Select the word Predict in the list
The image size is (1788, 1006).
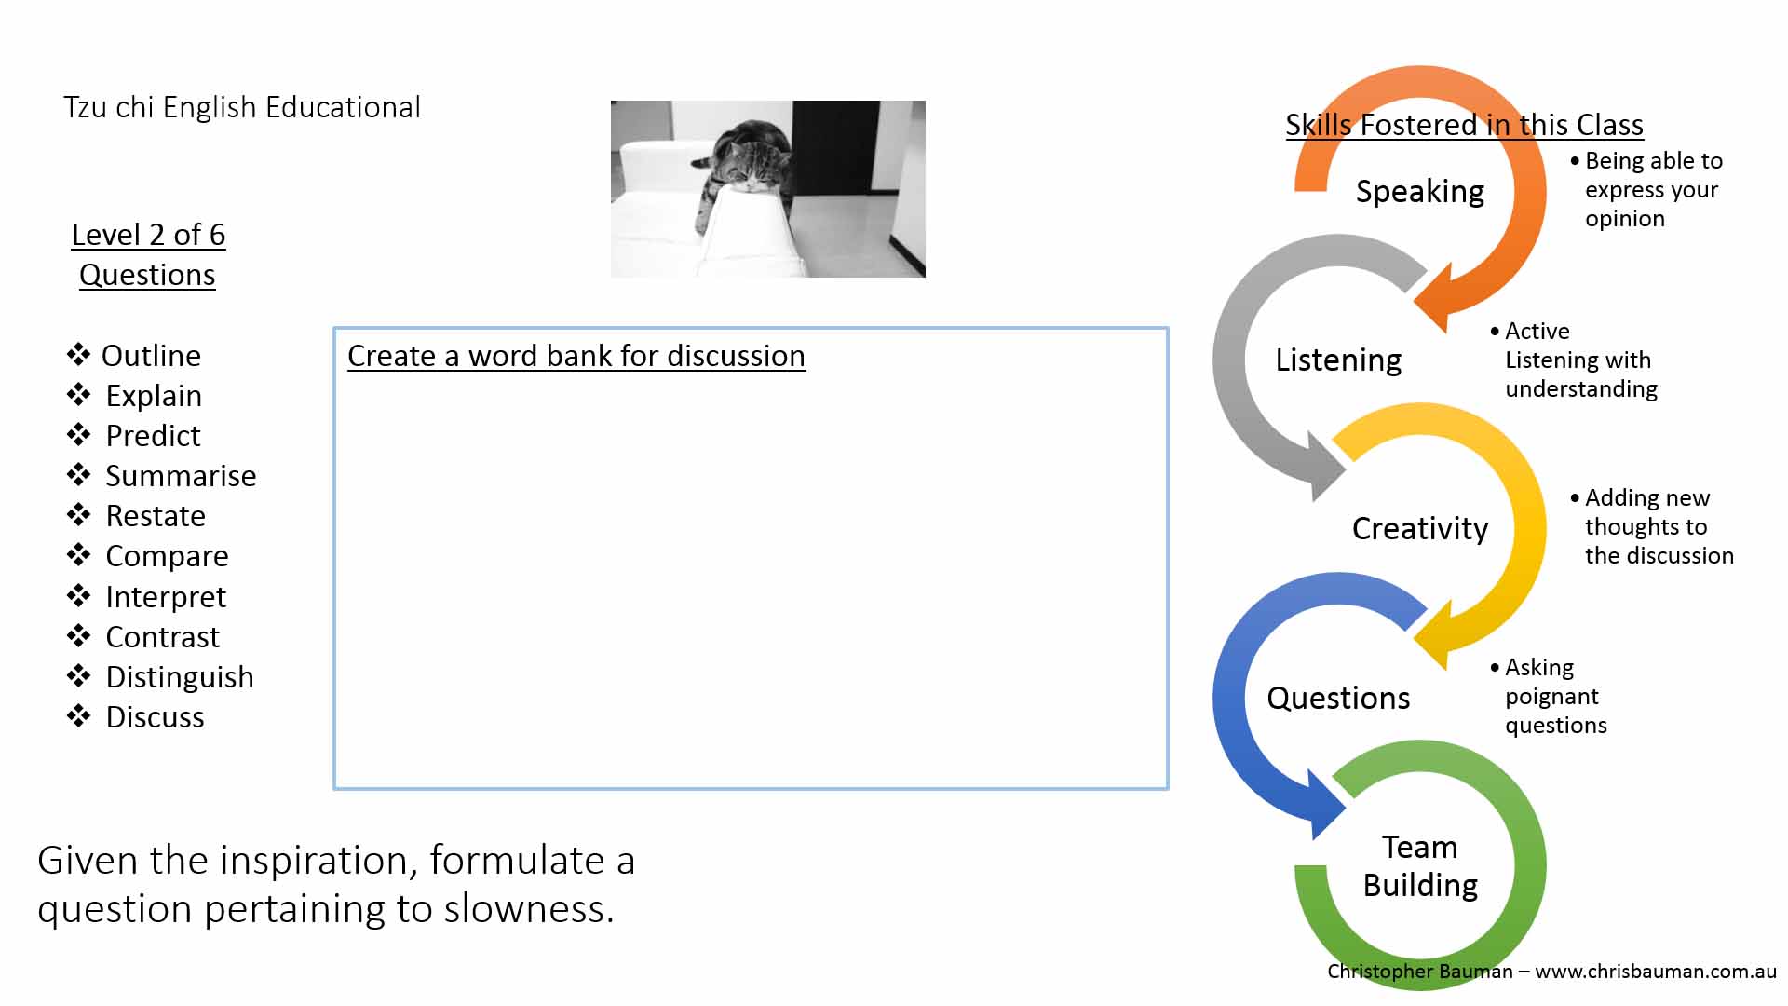pyautogui.click(x=153, y=436)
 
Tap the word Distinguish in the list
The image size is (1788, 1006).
pyautogui.click(x=179, y=677)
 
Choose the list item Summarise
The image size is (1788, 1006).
pyautogui.click(x=181, y=476)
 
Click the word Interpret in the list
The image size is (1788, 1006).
pyautogui.click(x=166, y=597)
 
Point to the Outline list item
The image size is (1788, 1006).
pyautogui.click(x=151, y=356)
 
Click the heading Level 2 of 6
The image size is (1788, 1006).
pyautogui.click(x=148, y=235)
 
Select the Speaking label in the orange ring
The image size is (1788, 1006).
pyautogui.click(x=1420, y=192)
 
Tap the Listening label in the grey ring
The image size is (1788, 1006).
pyautogui.click(x=1338, y=360)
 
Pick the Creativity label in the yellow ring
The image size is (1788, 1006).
pyautogui.click(x=1420, y=529)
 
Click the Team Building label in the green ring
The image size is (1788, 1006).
pyautogui.click(x=1420, y=866)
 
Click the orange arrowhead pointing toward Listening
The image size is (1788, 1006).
pyautogui.click(x=1434, y=296)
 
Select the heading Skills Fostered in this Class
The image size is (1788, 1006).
pyautogui.click(x=1464, y=125)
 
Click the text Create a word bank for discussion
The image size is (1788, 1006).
pyautogui.click(x=576, y=356)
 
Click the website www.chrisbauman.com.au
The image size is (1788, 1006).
pyautogui.click(x=1656, y=972)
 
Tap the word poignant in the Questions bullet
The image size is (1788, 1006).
pyautogui.click(x=1551, y=697)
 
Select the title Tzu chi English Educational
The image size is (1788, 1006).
pyautogui.click(x=242, y=107)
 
